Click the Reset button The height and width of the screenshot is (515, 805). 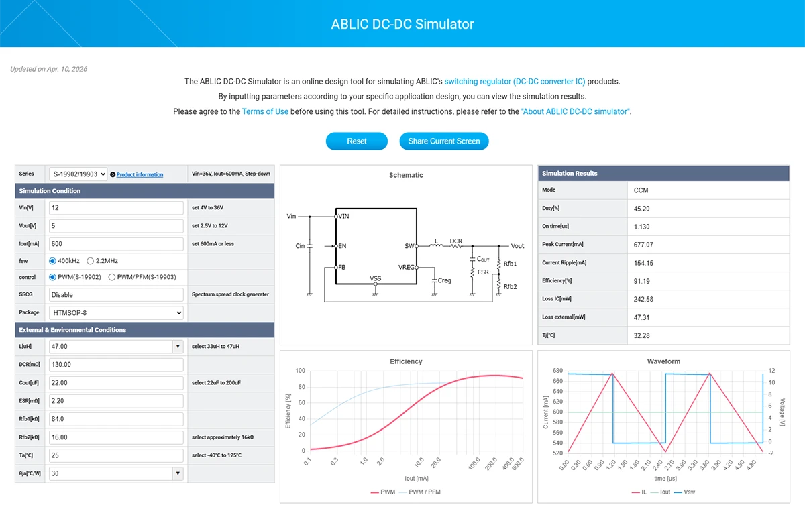coord(357,141)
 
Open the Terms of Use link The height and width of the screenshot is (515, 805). coord(265,111)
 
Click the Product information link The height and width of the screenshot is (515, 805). coord(140,174)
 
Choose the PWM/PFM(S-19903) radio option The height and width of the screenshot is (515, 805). coord(112,277)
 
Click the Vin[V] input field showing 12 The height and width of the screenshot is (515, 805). coord(116,208)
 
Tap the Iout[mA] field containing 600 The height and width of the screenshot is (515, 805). coord(116,244)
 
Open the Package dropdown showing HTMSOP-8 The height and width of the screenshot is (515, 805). coord(116,312)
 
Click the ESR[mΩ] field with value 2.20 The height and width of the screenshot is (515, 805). coord(116,401)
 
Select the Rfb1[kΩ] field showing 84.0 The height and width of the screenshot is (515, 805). coord(116,419)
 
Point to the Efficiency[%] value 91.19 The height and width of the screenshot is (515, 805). coord(641,281)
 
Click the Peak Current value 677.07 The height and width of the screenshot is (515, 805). coord(643,245)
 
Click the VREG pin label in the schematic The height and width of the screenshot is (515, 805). coord(406,267)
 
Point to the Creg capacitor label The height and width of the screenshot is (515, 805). coord(444,280)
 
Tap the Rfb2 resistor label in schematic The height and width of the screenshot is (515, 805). coord(511,286)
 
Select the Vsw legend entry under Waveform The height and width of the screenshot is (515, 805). coord(688,492)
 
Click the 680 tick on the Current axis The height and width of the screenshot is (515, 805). coord(558,371)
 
